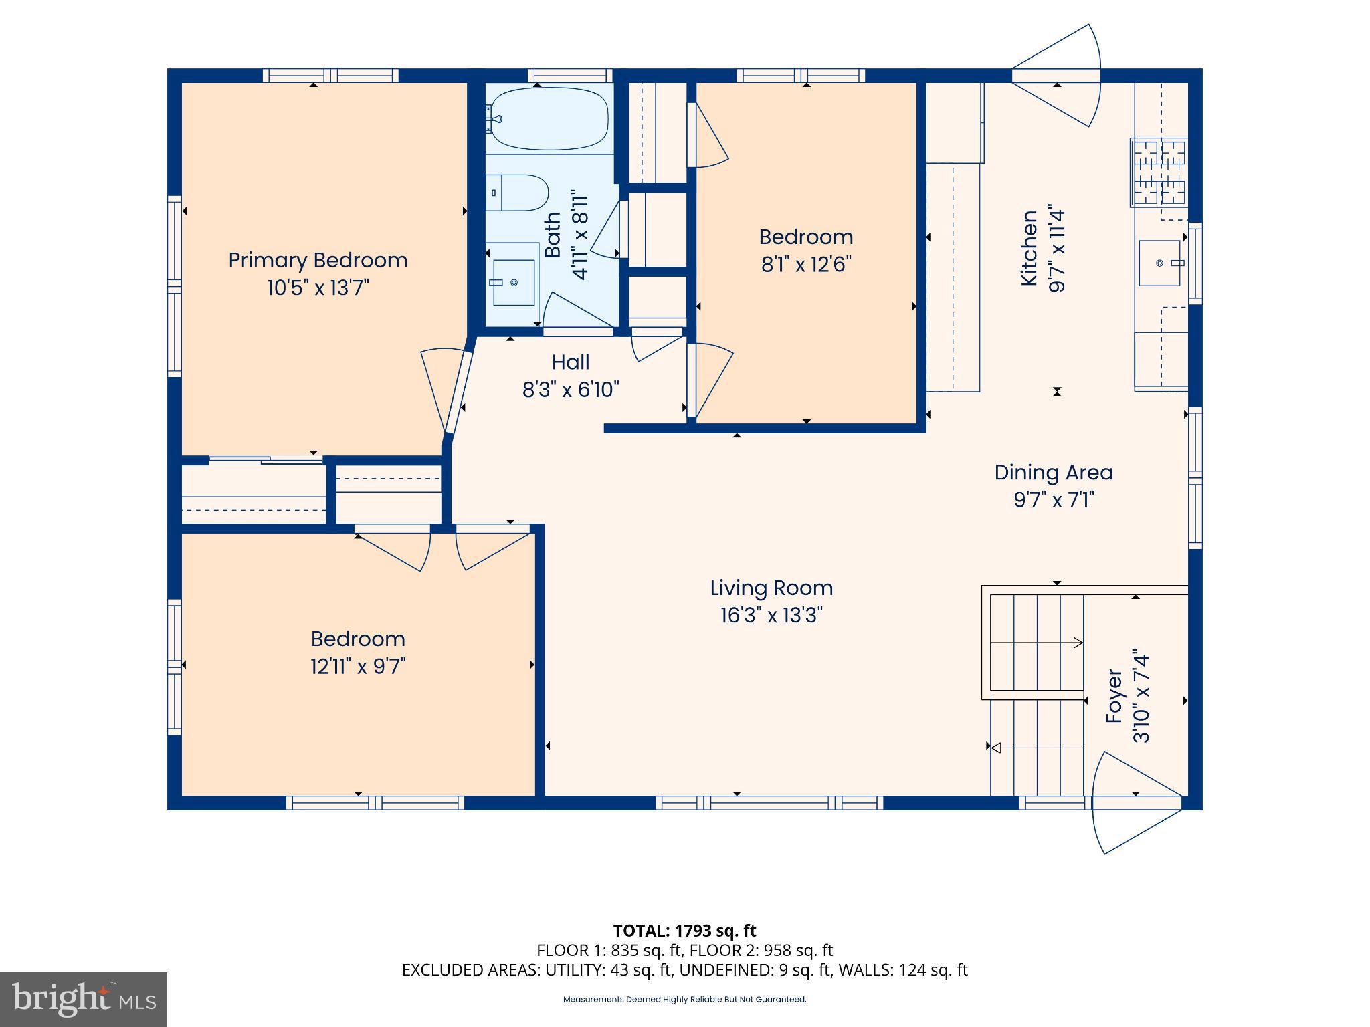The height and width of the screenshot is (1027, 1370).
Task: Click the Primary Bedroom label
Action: coord(318,260)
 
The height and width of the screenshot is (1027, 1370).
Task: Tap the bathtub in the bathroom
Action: coord(549,119)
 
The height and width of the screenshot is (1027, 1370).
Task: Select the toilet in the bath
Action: coord(516,193)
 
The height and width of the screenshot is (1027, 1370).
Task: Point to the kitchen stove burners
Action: coord(1159,172)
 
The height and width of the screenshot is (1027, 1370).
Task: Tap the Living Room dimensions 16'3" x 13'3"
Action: coord(771,615)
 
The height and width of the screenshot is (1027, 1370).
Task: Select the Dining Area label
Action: coord(1053,472)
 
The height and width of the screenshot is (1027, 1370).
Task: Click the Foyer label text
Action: coord(1114,695)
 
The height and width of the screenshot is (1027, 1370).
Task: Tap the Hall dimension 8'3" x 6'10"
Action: coord(570,389)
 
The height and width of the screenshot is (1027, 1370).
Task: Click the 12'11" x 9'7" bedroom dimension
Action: coord(358,667)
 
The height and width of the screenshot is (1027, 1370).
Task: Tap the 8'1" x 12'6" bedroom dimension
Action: coord(805,265)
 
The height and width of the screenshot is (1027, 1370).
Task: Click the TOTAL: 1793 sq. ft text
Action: coord(684,931)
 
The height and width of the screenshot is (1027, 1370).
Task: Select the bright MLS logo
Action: coord(84,999)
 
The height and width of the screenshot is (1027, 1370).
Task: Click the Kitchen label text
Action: coord(1030,248)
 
